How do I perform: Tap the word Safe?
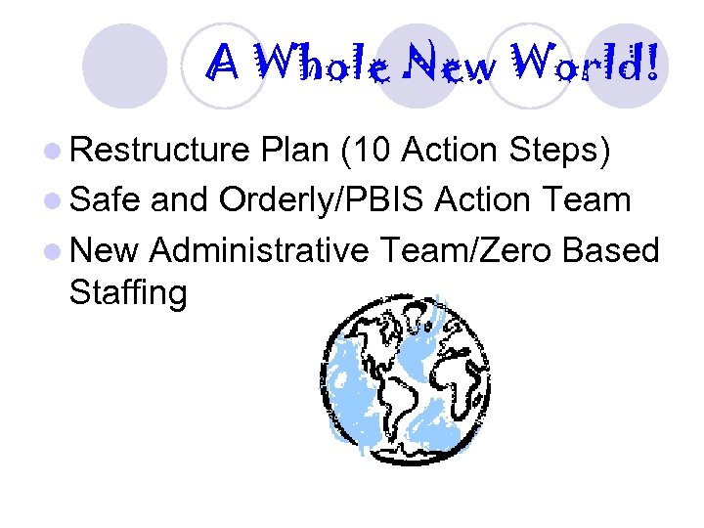pos(106,200)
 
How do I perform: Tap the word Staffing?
pos(128,292)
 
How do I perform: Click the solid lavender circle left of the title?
pos(124,65)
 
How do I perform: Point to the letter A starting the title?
pos(224,66)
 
